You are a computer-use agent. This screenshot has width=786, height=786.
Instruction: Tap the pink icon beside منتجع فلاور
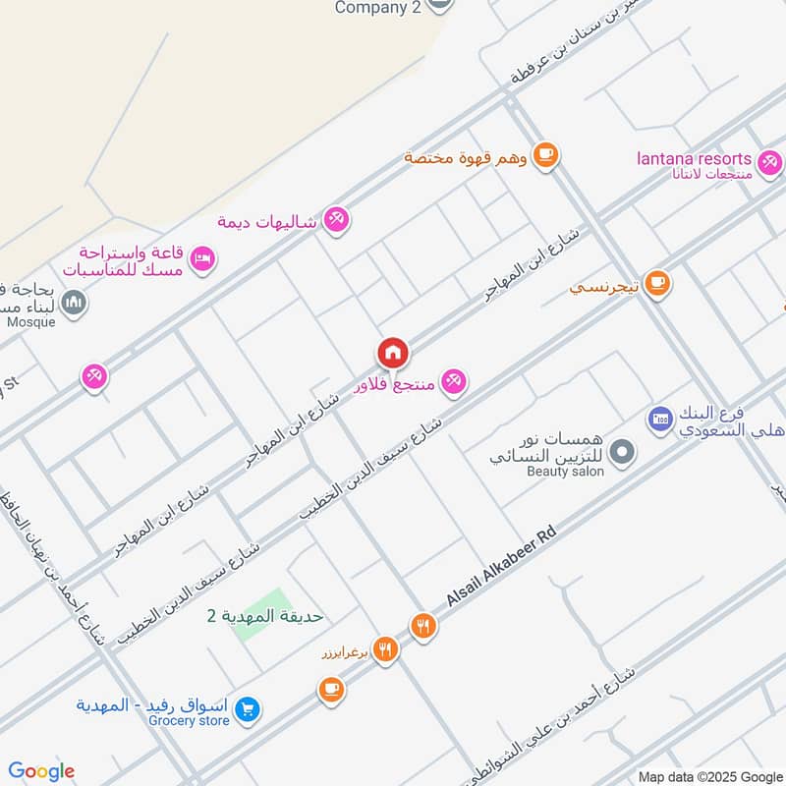(453, 381)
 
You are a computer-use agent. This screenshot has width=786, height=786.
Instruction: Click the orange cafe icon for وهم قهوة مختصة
(547, 155)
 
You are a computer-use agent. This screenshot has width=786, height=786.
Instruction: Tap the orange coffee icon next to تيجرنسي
(657, 283)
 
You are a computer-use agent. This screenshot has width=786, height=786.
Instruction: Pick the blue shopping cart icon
(249, 707)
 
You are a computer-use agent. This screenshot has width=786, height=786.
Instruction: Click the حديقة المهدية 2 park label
(265, 616)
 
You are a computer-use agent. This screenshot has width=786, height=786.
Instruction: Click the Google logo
(41, 771)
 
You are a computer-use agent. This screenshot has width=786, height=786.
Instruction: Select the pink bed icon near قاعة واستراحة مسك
(203, 259)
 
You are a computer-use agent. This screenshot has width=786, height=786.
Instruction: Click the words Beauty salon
(565, 472)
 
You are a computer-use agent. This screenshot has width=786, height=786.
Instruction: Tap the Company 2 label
(378, 8)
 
